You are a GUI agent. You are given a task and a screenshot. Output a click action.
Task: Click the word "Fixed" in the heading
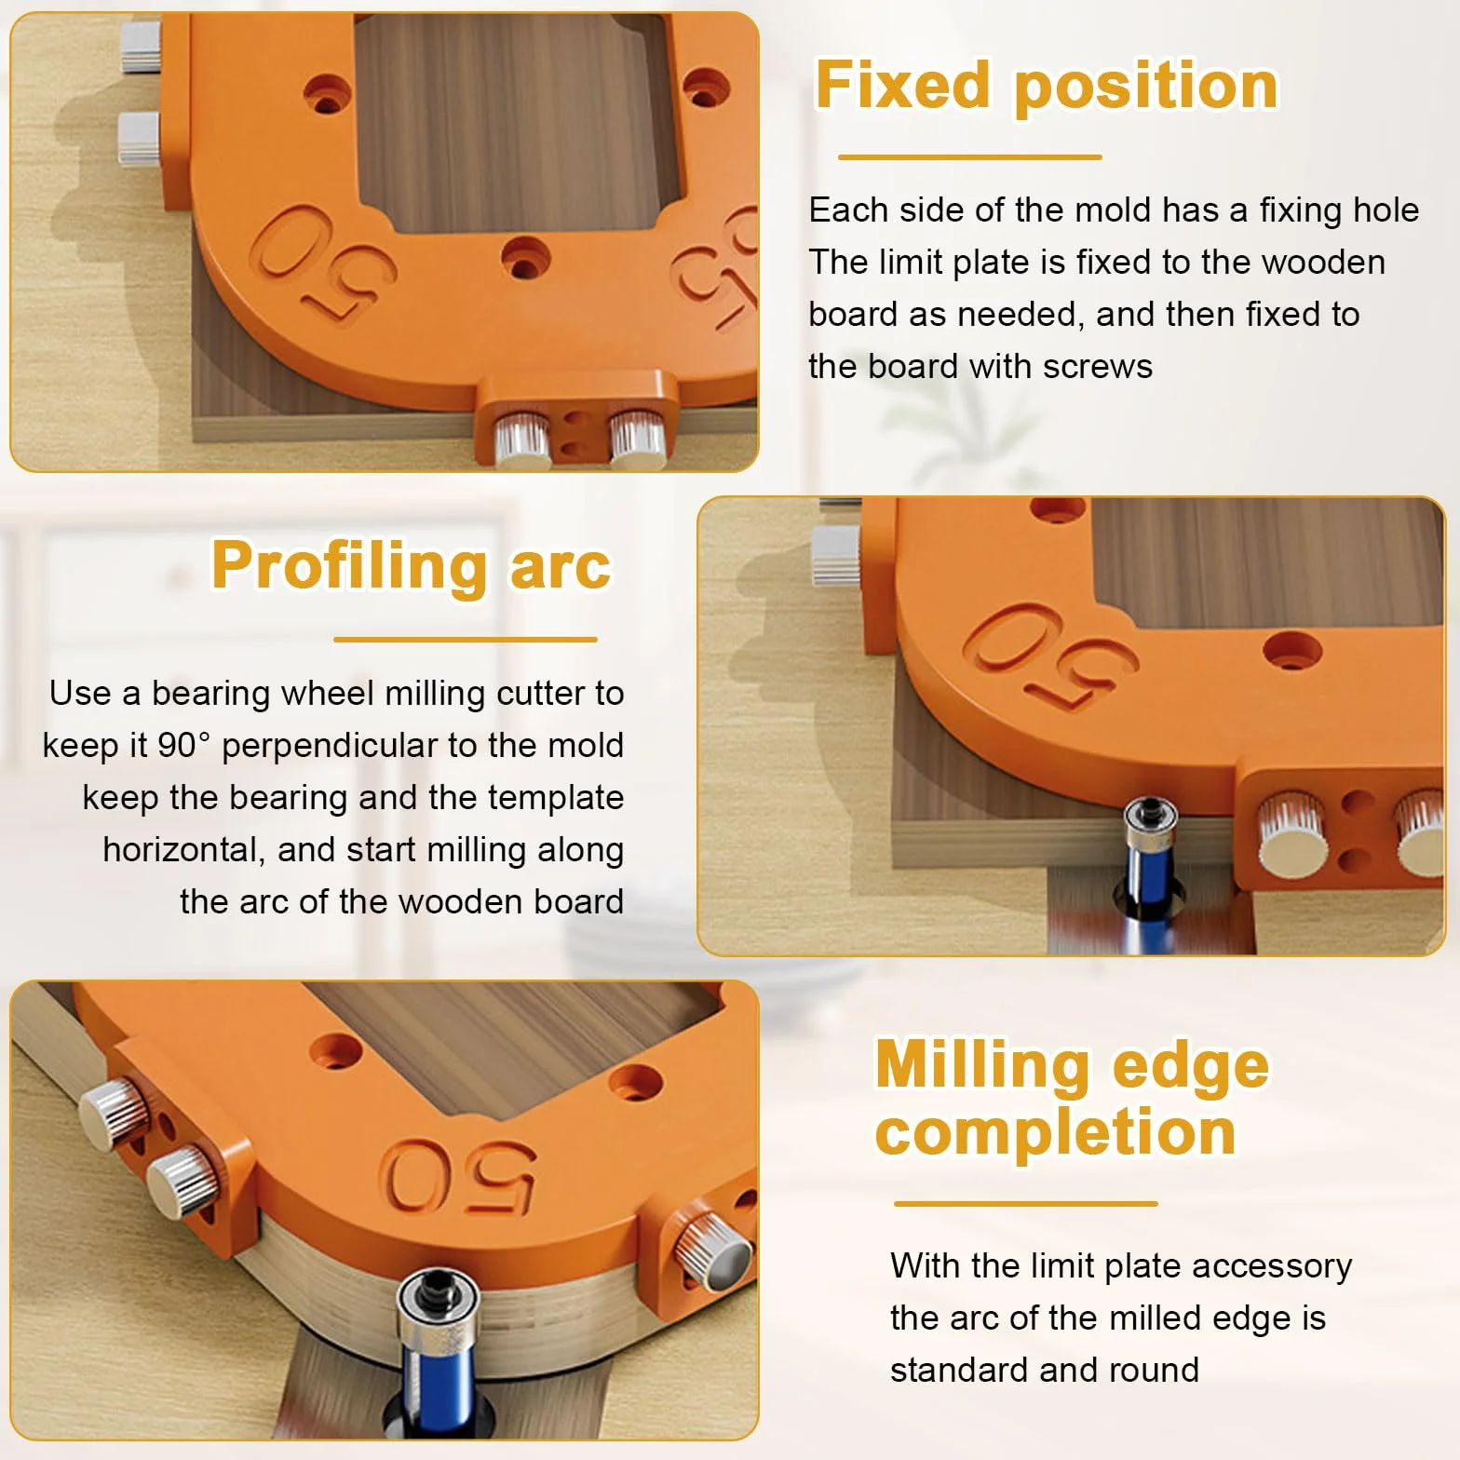tap(901, 85)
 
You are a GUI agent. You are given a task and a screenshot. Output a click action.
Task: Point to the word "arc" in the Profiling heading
tap(561, 567)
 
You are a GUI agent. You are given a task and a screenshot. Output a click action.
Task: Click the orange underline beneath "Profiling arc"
tap(466, 640)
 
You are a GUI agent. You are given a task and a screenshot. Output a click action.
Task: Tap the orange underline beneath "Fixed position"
tap(970, 157)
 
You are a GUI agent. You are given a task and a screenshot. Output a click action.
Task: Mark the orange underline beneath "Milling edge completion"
tap(1026, 1203)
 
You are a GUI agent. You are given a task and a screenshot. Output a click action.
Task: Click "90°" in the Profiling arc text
tap(183, 745)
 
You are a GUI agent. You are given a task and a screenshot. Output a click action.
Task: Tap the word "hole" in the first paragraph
tap(1386, 210)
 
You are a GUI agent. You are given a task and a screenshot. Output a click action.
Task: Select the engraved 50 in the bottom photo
tap(457, 1175)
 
